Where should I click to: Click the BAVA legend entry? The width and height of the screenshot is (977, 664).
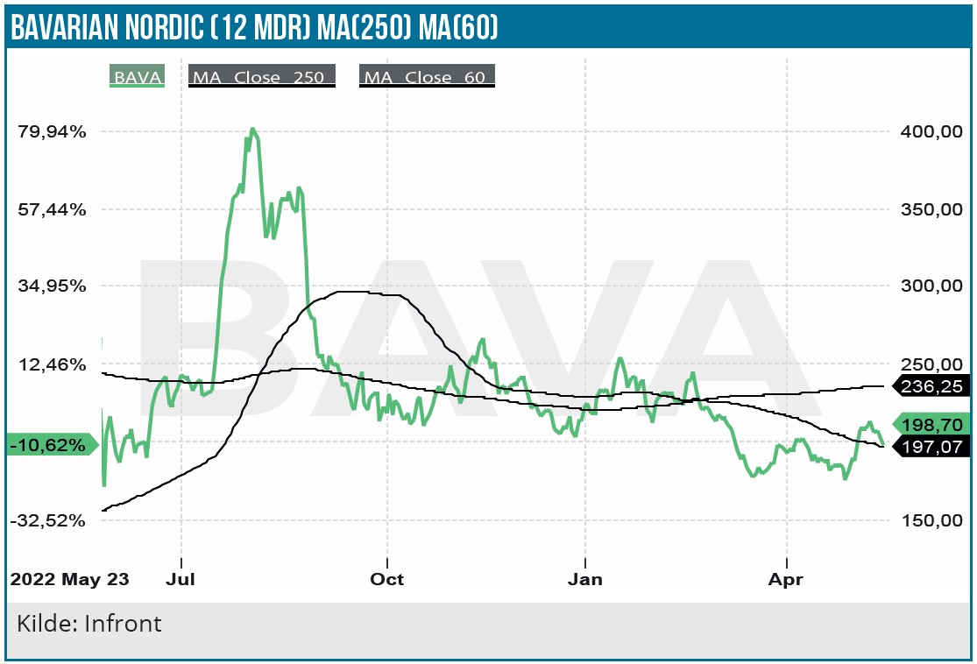click(x=137, y=77)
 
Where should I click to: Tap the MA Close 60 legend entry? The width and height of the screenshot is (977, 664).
click(x=427, y=77)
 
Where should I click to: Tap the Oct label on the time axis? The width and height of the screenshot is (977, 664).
click(x=386, y=580)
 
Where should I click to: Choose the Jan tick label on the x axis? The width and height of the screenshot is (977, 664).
click(x=584, y=580)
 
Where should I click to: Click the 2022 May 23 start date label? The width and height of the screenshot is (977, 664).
click(x=70, y=580)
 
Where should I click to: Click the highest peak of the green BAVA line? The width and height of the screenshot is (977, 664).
click(x=252, y=130)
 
